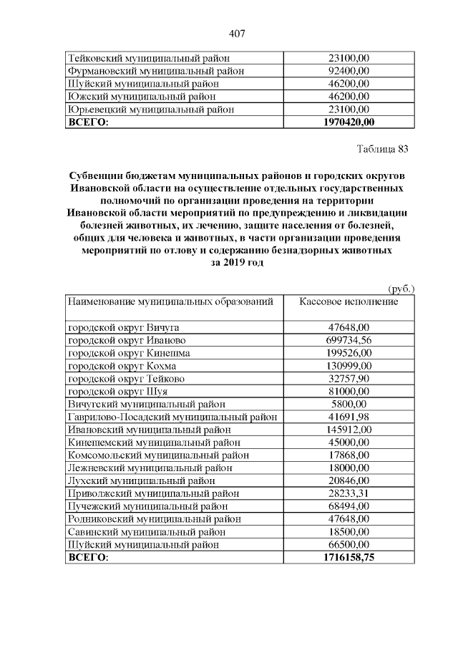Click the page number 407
point(237,33)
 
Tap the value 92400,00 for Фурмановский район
point(348,71)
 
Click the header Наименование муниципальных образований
point(171,302)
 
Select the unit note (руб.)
point(401,289)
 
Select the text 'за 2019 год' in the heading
point(237,263)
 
